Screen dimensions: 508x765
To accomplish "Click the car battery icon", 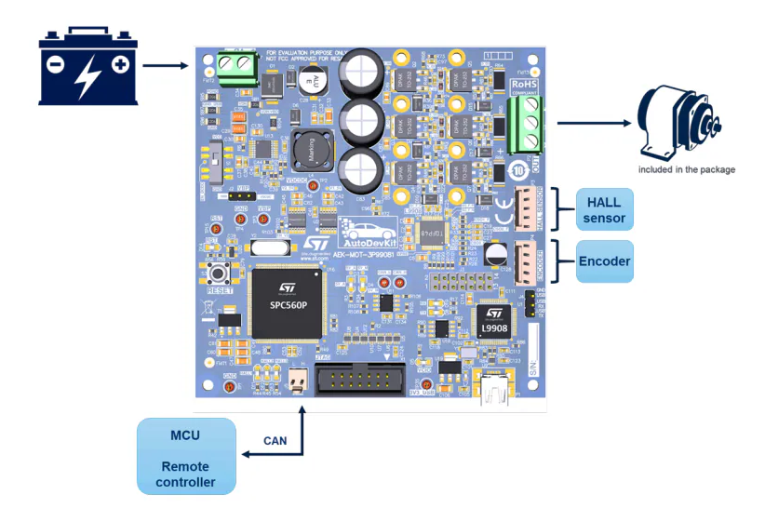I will click(88, 66).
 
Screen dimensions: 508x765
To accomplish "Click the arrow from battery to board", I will click(165, 66).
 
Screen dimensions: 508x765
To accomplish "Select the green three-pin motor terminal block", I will click(526, 124).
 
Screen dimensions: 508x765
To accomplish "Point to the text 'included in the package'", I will click(686, 169).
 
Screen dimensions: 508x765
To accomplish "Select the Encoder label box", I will click(604, 261).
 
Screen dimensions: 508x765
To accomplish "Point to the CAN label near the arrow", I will click(275, 441).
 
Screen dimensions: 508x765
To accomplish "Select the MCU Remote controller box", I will click(185, 456).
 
